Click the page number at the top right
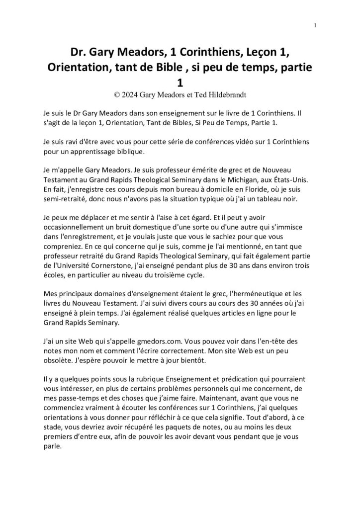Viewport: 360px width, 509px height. (316, 25)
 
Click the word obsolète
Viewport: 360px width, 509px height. (57, 343)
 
